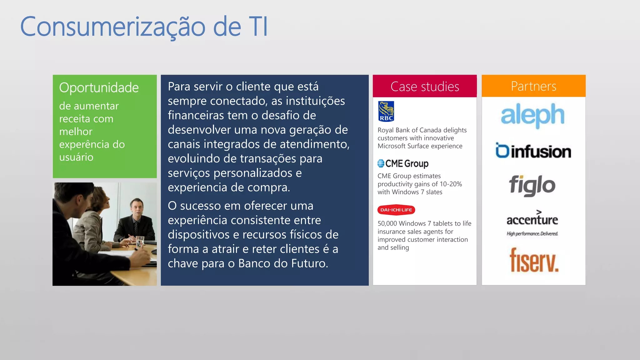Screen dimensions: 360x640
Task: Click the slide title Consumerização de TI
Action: pyautogui.click(x=144, y=27)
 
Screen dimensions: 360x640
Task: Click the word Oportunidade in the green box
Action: pyautogui.click(x=99, y=88)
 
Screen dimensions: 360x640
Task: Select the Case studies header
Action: pyautogui.click(x=425, y=87)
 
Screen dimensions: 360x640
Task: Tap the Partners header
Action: pyautogui.click(x=533, y=86)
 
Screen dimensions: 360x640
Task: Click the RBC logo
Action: pyautogui.click(x=386, y=111)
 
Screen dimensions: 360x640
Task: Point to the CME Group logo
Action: pyautogui.click(x=403, y=163)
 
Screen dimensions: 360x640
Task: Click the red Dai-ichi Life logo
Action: pyautogui.click(x=396, y=210)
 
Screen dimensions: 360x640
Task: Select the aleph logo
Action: pyautogui.click(x=532, y=115)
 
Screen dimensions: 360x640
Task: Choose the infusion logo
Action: pyautogui.click(x=533, y=151)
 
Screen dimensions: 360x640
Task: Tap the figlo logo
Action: pyautogui.click(x=532, y=185)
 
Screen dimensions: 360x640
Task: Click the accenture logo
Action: pyautogui.click(x=532, y=219)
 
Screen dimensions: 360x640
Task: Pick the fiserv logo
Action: pyautogui.click(x=534, y=260)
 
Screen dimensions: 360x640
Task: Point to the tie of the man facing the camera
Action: pyautogui.click(x=136, y=228)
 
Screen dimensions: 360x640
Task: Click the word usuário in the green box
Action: pyautogui.click(x=76, y=157)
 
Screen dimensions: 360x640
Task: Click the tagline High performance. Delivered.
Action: pyautogui.click(x=532, y=234)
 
